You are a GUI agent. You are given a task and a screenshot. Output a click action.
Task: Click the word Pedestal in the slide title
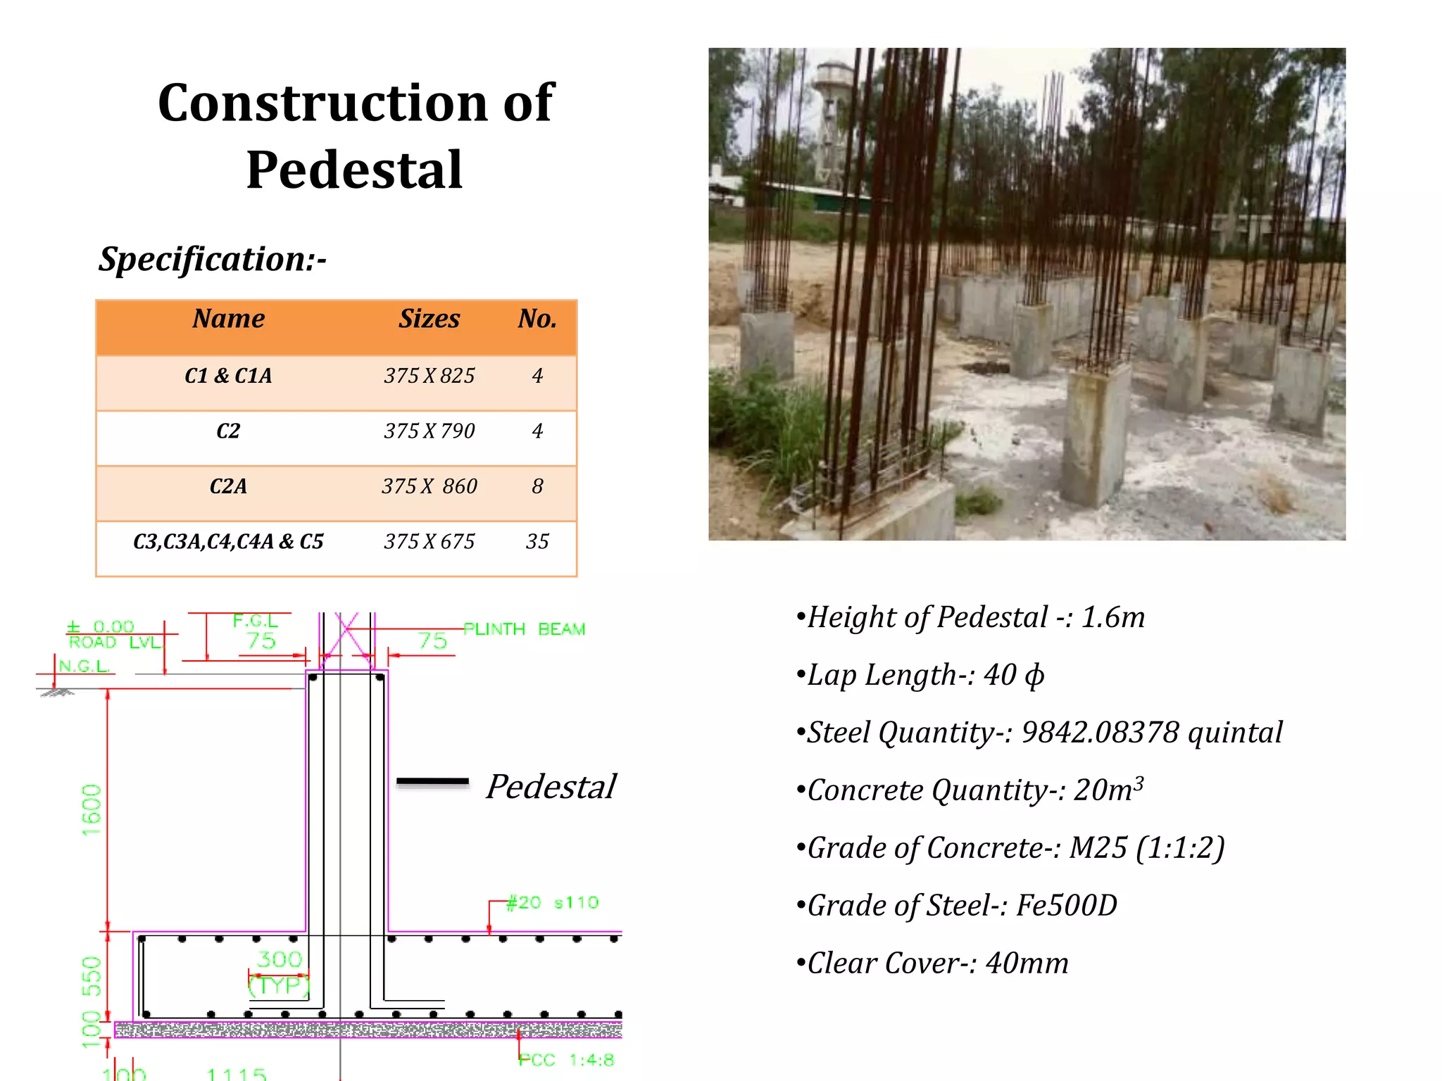pyautogui.click(x=354, y=170)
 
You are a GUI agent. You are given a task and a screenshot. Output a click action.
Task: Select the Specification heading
pyautogui.click(x=212, y=259)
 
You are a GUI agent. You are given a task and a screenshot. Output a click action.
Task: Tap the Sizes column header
pyautogui.click(x=429, y=319)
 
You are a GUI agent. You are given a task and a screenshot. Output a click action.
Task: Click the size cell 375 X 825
pyautogui.click(x=429, y=376)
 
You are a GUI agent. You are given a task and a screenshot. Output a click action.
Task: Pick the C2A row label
pyautogui.click(x=228, y=486)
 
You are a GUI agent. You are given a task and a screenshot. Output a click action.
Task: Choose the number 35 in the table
pyautogui.click(x=537, y=541)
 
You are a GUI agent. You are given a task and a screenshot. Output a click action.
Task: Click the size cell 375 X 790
pyautogui.click(x=429, y=431)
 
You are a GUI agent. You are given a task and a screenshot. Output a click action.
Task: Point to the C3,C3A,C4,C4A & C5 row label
pyautogui.click(x=228, y=541)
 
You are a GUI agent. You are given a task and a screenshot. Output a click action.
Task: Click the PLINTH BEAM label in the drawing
pyautogui.click(x=524, y=629)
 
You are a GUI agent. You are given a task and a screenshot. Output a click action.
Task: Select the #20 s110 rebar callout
pyautogui.click(x=553, y=902)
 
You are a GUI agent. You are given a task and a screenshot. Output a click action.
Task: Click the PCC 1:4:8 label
pyautogui.click(x=567, y=1060)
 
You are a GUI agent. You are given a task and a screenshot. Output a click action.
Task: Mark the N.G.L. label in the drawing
pyautogui.click(x=84, y=666)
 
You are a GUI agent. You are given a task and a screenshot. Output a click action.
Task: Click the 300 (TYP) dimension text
pyautogui.click(x=280, y=972)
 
